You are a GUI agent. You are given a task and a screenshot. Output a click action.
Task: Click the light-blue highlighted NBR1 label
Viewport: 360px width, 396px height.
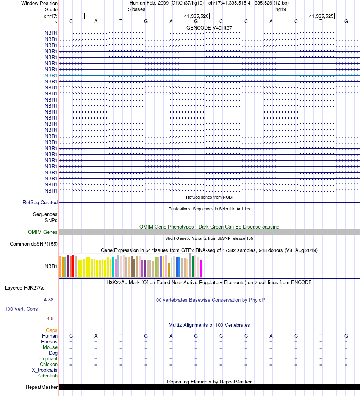(x=51, y=75)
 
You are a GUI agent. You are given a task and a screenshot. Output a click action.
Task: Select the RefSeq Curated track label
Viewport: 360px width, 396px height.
(x=40, y=203)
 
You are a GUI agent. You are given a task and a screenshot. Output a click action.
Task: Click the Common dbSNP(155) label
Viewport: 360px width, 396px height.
(x=34, y=244)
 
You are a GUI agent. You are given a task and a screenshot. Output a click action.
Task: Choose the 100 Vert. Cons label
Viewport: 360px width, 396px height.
(x=21, y=309)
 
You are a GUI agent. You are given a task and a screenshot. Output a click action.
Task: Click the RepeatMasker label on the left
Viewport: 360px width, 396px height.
(x=42, y=387)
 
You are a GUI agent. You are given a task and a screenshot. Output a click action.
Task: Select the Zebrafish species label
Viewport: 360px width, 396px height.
(x=47, y=376)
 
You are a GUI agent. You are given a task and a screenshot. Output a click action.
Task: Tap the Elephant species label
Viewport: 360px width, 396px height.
(x=48, y=359)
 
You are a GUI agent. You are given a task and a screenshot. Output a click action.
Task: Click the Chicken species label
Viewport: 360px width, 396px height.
(x=49, y=365)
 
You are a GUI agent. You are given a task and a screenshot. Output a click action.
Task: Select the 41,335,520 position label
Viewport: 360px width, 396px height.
(x=196, y=16)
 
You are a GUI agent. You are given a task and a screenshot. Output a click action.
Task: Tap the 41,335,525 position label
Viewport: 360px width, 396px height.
(x=321, y=16)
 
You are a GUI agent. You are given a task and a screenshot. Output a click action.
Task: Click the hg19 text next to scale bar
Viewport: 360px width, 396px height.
(x=281, y=9)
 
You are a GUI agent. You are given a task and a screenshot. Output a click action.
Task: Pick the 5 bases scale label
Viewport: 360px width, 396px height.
(x=136, y=9)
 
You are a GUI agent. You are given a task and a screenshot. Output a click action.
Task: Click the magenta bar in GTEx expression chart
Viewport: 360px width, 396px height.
(x=201, y=269)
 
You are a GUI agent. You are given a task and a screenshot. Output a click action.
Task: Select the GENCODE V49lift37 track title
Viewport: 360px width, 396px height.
(x=209, y=28)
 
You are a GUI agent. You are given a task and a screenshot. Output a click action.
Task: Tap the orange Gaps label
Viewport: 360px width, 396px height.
(x=52, y=330)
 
